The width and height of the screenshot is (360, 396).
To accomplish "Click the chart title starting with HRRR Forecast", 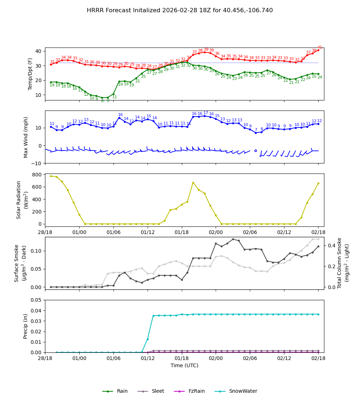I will tap(180, 10).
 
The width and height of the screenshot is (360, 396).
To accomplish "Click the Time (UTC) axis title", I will tap(184, 365).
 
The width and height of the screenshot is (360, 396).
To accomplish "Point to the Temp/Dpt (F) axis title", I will tap(31, 74).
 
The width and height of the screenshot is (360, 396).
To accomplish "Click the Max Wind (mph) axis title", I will tap(26, 137).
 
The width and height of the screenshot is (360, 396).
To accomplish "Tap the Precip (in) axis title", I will tap(26, 326).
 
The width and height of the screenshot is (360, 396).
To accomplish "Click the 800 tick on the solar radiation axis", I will tap(38, 175).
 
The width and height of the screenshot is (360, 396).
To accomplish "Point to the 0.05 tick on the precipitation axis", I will tap(36, 300).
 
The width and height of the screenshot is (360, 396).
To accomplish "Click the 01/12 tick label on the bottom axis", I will tap(148, 358).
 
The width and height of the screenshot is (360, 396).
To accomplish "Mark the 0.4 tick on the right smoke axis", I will tap(332, 246).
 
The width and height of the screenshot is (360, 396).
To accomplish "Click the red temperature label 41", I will tap(320, 48).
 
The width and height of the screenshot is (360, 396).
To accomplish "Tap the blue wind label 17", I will tap(206, 113).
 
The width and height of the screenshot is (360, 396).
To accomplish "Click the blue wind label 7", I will tap(256, 130).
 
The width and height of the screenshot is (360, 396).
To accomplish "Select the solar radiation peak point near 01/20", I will tap(193, 183).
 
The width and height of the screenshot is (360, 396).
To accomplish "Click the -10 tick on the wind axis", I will tap(37, 163).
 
